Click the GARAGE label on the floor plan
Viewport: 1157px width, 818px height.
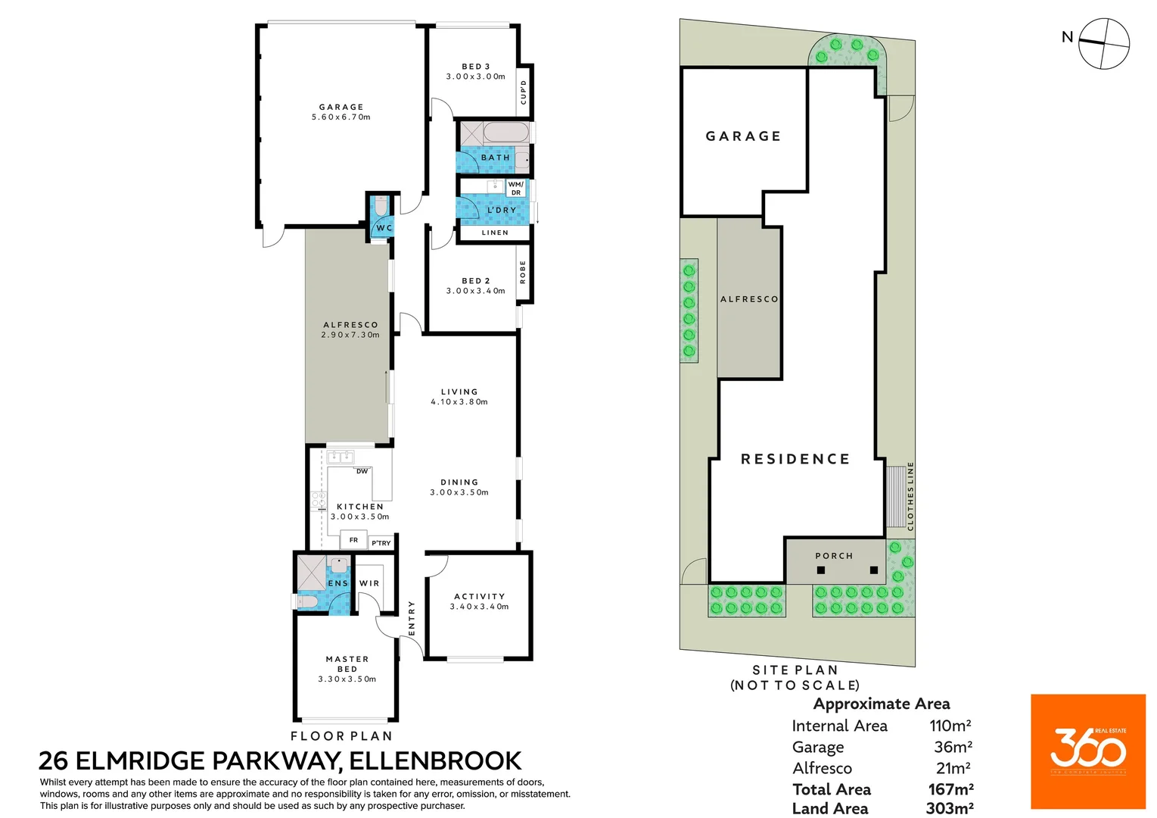point(341,108)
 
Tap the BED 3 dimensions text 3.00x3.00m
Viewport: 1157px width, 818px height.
point(475,76)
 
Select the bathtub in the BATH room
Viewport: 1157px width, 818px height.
point(505,133)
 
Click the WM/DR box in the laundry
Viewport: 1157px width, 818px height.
point(515,189)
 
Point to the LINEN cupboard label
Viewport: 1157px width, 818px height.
point(495,233)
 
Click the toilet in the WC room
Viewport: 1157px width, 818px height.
point(381,206)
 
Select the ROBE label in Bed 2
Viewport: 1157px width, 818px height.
point(523,272)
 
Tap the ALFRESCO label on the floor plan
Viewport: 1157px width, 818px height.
point(350,325)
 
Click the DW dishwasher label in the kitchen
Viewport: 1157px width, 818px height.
point(362,471)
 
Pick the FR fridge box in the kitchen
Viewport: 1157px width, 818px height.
point(353,540)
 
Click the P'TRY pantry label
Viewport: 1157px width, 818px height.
point(381,543)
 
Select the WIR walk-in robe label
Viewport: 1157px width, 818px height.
point(369,583)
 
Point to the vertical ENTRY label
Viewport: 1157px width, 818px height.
point(412,617)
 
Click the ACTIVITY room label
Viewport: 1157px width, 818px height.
point(479,597)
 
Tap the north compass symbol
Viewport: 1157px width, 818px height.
point(1103,43)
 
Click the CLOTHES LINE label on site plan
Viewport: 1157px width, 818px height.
point(910,496)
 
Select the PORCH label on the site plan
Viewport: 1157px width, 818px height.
point(834,556)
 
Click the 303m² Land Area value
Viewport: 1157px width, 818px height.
point(949,808)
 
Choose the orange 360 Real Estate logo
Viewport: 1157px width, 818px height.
point(1087,751)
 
